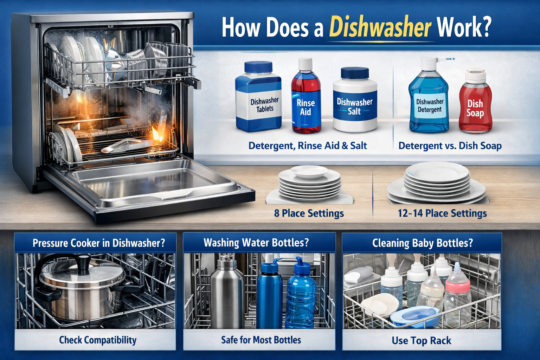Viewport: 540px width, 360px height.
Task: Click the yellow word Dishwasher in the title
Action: (380, 27)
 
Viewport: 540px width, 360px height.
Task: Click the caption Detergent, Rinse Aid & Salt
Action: (308, 146)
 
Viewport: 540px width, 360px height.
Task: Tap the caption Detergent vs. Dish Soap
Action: (450, 146)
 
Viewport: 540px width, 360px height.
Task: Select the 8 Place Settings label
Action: (309, 213)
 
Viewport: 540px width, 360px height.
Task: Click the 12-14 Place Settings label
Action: (442, 213)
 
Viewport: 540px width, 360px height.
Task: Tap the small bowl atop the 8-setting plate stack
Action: (309, 172)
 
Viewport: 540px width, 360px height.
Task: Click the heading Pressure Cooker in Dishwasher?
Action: (98, 243)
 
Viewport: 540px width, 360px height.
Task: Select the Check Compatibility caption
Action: (98, 340)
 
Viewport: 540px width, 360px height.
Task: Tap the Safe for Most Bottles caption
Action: (261, 340)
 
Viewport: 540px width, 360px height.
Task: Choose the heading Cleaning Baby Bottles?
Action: (423, 243)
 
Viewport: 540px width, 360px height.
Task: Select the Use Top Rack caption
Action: (422, 340)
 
